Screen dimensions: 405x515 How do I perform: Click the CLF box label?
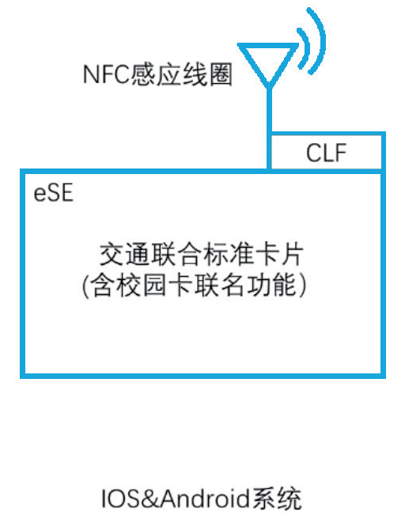click(326, 153)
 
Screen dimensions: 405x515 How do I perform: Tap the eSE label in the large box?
click(53, 193)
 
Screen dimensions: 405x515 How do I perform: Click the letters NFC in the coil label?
click(107, 74)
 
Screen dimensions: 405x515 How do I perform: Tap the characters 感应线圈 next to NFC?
click(182, 74)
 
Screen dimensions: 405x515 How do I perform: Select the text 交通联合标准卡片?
click(202, 254)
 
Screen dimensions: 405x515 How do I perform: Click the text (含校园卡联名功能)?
click(194, 285)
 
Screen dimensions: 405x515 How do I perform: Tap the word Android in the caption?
click(205, 498)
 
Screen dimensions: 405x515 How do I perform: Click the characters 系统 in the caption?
click(276, 498)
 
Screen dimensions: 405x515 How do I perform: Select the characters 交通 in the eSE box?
click(125, 254)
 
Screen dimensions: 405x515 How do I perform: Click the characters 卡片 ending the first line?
click(278, 254)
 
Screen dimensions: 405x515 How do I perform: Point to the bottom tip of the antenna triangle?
click(269, 87)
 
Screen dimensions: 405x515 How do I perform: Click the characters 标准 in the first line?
click(227, 254)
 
